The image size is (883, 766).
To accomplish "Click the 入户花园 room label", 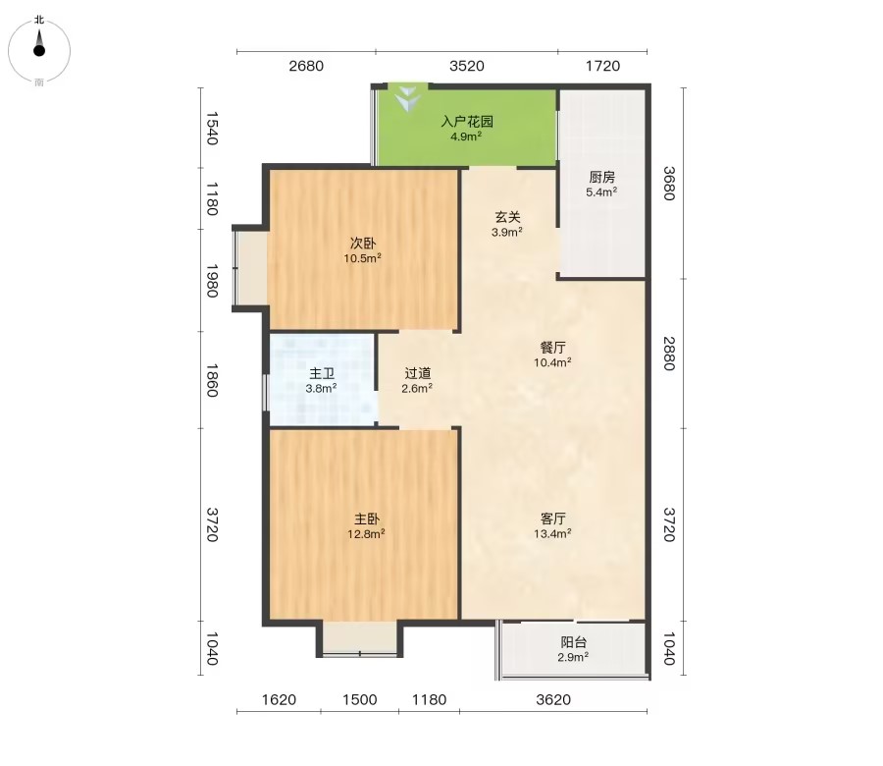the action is (467, 121).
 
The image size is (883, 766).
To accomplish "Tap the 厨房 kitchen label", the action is (601, 177).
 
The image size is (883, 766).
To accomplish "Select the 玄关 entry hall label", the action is (507, 217).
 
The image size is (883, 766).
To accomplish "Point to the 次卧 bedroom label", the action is (363, 244).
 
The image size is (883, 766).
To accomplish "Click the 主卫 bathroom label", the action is (322, 374).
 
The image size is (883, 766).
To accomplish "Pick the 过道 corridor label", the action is (417, 373).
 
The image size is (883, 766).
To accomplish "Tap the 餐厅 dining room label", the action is (552, 348).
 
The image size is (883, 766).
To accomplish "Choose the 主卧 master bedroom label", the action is (366, 519).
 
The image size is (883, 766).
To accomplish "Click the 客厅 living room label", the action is (552, 519).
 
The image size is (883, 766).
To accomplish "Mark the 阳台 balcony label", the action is (573, 642).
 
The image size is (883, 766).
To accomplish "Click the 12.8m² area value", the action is (366, 533).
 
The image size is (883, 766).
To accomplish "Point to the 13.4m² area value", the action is (552, 533).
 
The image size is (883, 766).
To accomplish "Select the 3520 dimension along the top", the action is (467, 66).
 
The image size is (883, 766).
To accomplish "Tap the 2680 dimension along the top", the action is (306, 66).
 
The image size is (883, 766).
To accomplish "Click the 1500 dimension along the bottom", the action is (360, 699).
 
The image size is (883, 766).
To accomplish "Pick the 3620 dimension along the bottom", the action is (553, 699).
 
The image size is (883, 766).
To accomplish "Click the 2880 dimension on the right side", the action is (668, 354).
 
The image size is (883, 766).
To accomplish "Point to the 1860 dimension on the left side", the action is (211, 380).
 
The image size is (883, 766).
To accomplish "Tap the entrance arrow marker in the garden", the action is (408, 98).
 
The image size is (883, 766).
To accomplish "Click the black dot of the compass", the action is (39, 51).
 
